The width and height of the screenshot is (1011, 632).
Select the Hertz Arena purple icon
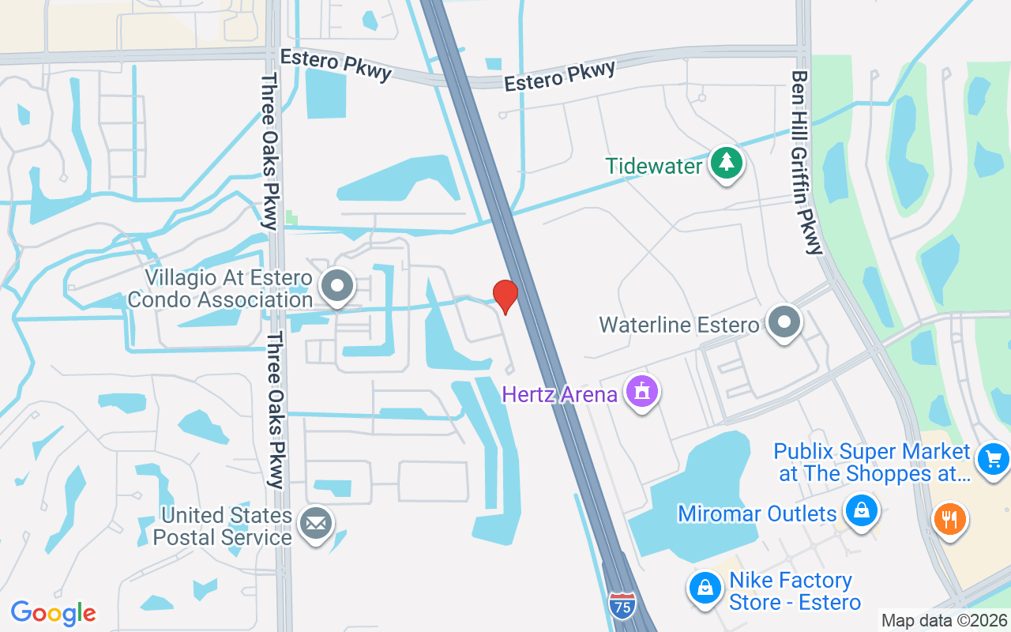(x=643, y=390)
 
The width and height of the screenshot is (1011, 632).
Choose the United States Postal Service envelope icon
(x=316, y=523)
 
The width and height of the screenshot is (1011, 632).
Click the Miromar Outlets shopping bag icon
(x=862, y=510)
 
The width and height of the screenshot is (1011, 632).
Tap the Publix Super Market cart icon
(x=993, y=459)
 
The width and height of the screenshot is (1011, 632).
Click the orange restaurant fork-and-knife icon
(x=950, y=519)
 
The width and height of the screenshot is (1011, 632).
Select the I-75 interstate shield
(x=622, y=605)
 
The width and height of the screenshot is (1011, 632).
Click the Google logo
(x=54, y=612)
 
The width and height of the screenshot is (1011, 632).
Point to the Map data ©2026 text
(x=945, y=621)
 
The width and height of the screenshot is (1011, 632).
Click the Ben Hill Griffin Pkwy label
(x=806, y=163)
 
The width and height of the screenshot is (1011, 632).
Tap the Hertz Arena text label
(x=560, y=393)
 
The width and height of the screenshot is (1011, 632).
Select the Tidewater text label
(x=654, y=166)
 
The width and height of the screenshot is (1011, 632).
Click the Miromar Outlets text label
(x=757, y=513)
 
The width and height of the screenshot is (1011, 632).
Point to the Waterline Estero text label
(x=679, y=325)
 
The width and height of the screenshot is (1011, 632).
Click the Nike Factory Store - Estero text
(x=793, y=591)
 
